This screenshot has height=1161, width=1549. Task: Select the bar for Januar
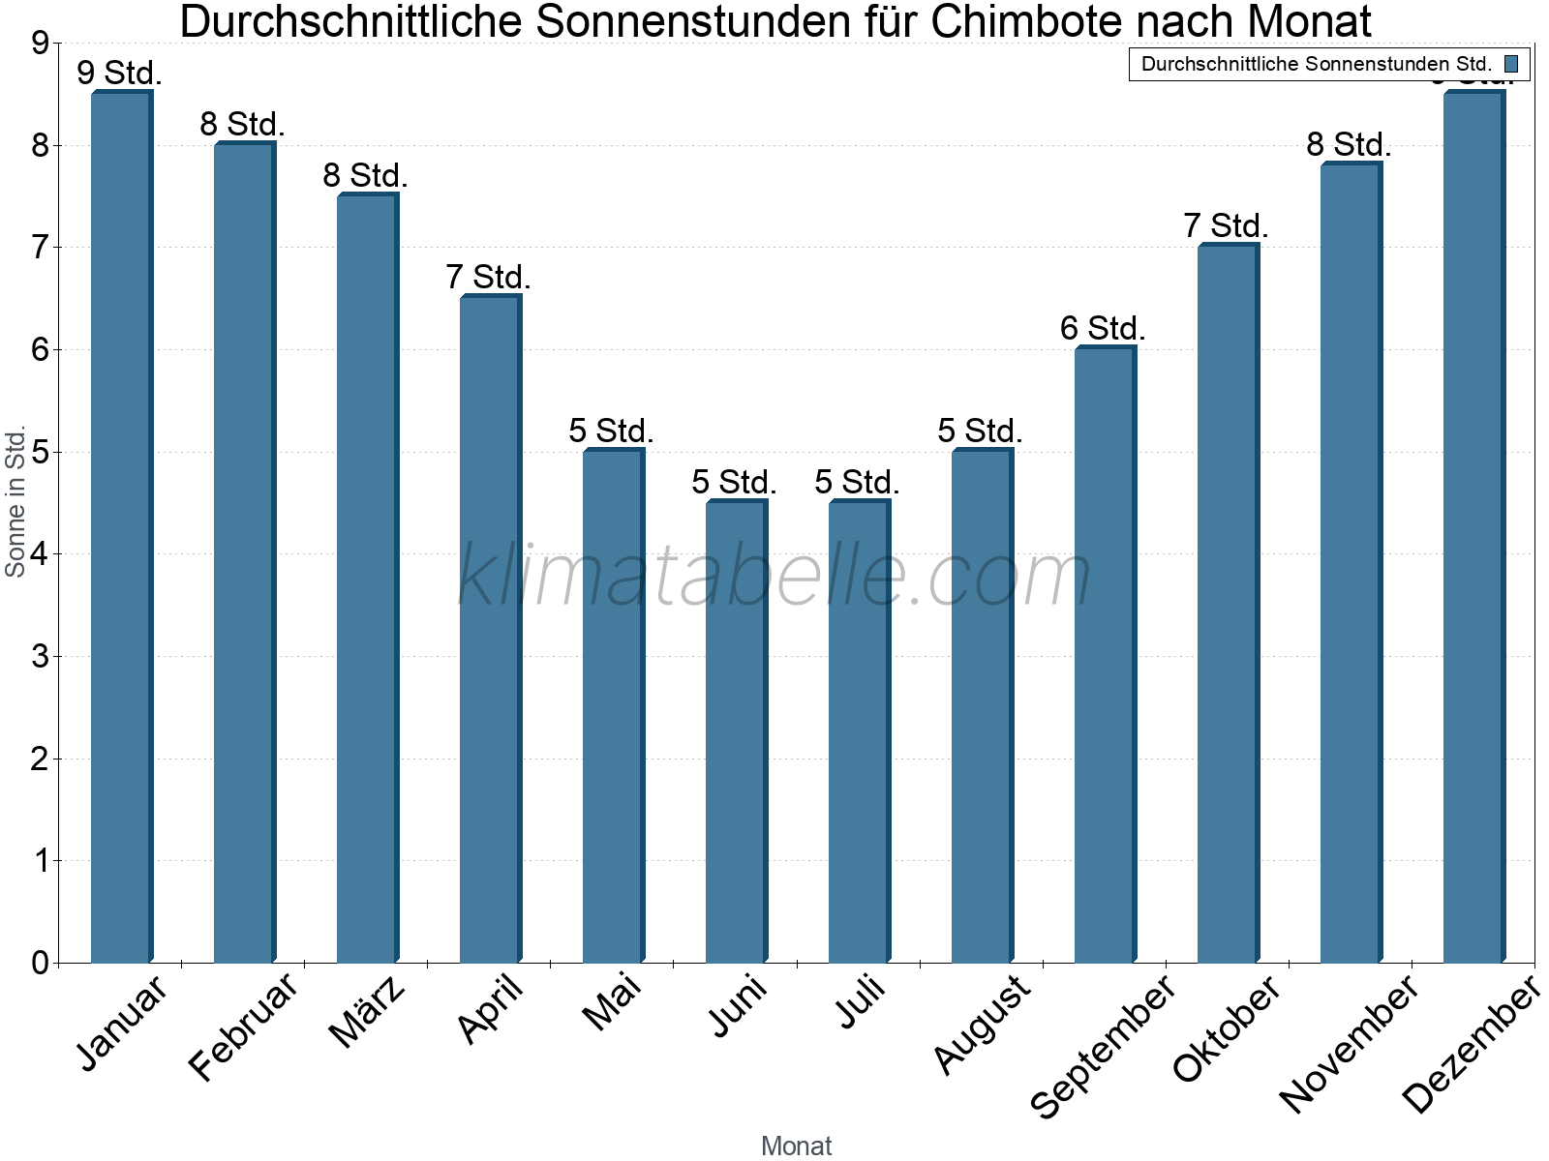pos(121,527)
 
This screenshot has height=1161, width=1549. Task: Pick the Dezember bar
pos(1473,527)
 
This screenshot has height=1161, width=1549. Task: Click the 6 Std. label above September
pos(1103,329)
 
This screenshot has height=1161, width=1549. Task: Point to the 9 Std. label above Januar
pos(119,74)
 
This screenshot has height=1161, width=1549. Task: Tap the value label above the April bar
pos(488,278)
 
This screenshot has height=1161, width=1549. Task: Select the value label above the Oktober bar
pos(1226,226)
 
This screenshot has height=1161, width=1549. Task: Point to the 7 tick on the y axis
pos(40,248)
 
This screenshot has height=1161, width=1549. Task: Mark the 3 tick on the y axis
pos(40,657)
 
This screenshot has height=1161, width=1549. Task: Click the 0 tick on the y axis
pos(40,963)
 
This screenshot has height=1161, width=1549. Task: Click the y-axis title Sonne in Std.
pos(15,502)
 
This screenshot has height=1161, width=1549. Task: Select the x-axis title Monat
pos(796,1146)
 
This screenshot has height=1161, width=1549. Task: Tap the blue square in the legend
pos(1511,64)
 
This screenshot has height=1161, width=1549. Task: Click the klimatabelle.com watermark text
pos(774,576)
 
